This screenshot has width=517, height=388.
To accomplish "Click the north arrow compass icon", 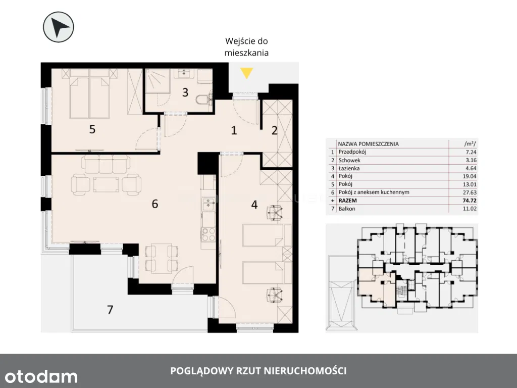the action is (x=59, y=27).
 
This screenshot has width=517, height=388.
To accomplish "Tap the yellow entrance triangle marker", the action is (x=246, y=73).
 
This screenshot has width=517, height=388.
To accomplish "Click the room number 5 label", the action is (x=92, y=129).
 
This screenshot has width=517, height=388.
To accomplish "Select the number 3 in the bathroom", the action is (x=185, y=92).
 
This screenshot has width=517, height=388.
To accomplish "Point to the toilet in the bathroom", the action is (x=203, y=99).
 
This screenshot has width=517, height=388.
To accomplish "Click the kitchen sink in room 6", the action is (x=208, y=204).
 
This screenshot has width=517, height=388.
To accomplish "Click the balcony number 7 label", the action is (x=110, y=310).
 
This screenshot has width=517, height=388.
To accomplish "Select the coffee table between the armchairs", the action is (x=106, y=184).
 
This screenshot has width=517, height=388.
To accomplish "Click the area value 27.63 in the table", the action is (x=470, y=192).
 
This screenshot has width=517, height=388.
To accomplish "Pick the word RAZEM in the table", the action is (x=347, y=201).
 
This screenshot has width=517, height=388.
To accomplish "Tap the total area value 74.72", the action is (x=470, y=201).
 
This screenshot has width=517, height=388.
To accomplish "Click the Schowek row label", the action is (x=349, y=160).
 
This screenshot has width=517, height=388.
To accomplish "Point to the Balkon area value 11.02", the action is (x=470, y=209).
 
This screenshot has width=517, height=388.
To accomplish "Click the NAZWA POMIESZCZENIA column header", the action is (x=368, y=144).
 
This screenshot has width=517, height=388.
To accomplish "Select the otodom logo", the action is (x=41, y=376).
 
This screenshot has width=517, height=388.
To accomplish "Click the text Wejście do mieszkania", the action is (x=246, y=47).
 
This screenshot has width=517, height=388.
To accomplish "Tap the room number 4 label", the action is (x=254, y=205).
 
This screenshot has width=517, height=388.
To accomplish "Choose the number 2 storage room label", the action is (x=275, y=131).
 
